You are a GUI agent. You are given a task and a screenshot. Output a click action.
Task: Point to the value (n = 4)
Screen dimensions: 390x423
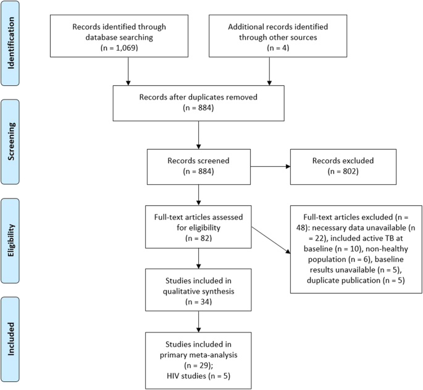(x=269, y=48)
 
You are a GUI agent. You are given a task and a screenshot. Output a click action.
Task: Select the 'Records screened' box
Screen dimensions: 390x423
(x=198, y=166)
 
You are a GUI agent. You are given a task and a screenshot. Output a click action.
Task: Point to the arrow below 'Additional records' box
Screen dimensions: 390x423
(x=269, y=72)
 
